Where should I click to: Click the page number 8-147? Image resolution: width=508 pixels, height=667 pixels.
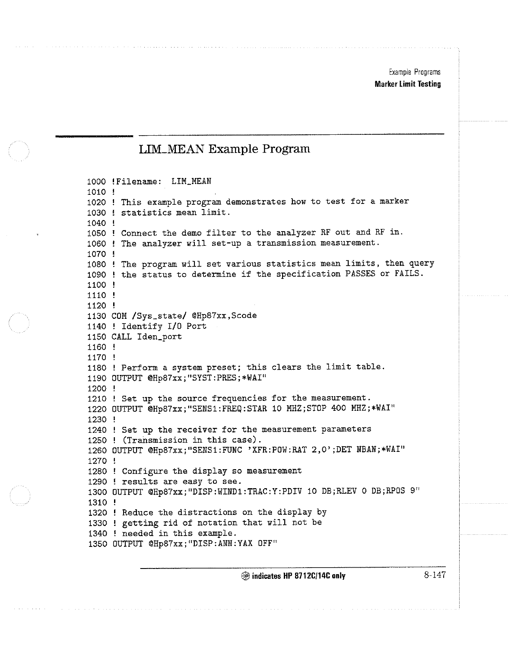[x=434, y=575]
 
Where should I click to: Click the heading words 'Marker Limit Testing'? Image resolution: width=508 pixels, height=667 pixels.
[x=408, y=84]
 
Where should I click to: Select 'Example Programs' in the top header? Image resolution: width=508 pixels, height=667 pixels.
[x=414, y=72]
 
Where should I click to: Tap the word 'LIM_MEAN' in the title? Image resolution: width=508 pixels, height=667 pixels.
[x=171, y=149]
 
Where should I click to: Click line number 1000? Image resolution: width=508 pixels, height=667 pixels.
[x=96, y=181]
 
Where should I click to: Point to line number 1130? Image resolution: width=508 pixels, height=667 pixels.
[x=96, y=316]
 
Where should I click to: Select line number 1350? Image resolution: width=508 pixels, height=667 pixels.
[x=97, y=543]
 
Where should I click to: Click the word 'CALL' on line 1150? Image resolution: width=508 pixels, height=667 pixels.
[x=121, y=337]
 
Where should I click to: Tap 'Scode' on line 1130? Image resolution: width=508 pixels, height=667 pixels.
[x=244, y=315]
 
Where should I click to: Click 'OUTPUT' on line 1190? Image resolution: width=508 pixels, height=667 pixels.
[x=127, y=378]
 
